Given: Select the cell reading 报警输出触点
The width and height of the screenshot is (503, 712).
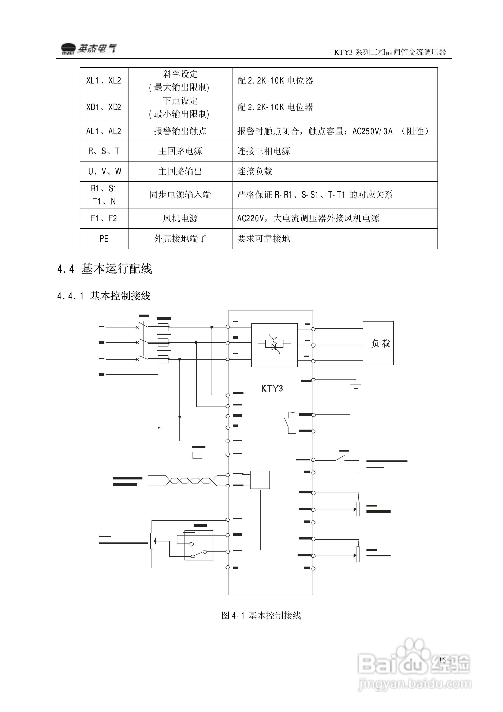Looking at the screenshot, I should [180, 131].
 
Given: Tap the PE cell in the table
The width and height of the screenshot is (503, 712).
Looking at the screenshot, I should [104, 238].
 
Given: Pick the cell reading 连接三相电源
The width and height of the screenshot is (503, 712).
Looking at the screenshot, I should [264, 151].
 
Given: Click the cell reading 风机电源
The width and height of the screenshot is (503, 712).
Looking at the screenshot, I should [180, 218].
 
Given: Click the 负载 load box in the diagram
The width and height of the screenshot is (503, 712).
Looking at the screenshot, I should [378, 343].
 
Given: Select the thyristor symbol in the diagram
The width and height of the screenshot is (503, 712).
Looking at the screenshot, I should [274, 344].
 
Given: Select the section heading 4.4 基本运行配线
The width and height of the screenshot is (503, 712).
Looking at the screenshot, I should [104, 268].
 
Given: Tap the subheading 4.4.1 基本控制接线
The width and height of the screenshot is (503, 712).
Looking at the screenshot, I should [104, 296].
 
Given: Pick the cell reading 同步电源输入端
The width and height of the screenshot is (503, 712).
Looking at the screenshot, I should [180, 195].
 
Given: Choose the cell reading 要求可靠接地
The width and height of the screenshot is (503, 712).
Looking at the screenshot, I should [264, 238].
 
